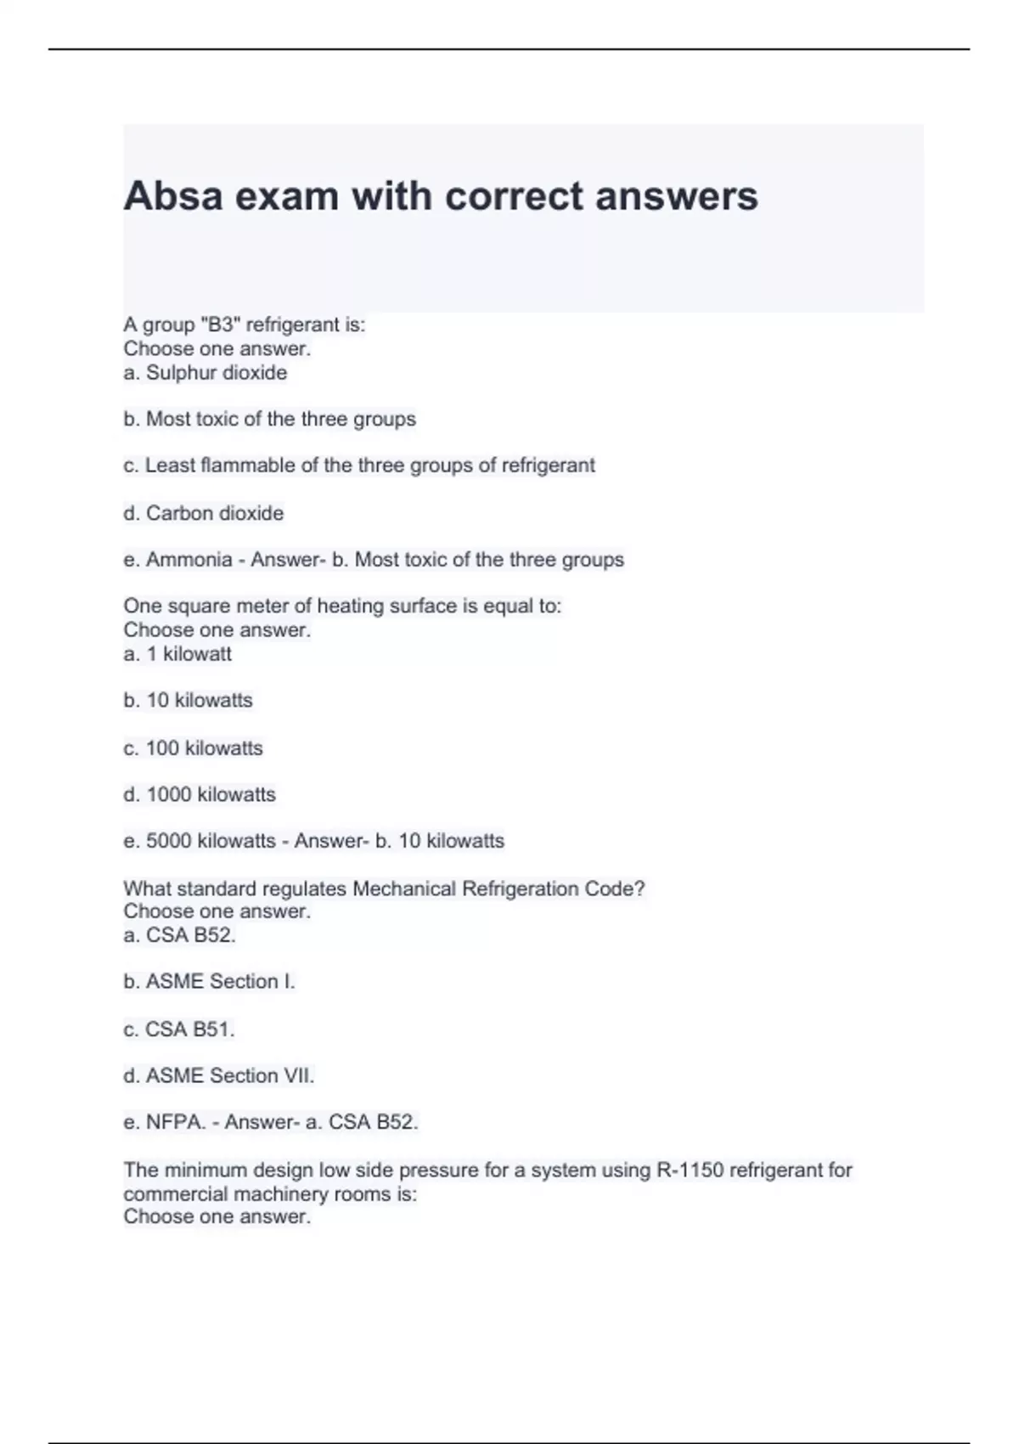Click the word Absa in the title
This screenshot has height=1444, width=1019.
[173, 196]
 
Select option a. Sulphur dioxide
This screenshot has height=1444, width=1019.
[205, 373]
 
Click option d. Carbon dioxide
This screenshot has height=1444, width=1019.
[204, 513]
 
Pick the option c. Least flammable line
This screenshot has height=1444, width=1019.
[359, 465]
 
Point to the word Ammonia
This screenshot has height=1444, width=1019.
[189, 560]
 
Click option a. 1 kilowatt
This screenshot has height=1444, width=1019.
[177, 654]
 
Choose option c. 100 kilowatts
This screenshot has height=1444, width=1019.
[194, 748]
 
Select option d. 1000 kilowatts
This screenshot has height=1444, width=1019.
[200, 795]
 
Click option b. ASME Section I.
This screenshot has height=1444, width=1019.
[209, 982]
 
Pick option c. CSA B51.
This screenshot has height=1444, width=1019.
[179, 1029]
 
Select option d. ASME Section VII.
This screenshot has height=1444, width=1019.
[219, 1076]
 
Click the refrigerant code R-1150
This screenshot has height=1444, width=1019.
[690, 1170]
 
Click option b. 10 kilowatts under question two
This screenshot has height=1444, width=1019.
[189, 701]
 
